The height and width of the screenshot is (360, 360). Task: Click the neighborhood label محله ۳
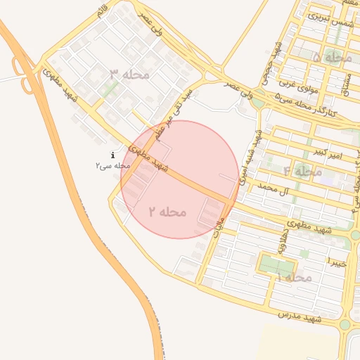tap(129, 75)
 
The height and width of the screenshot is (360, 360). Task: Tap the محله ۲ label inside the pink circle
tap(167, 211)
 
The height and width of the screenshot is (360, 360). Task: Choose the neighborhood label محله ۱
tap(295, 278)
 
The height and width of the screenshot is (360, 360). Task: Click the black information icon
tap(112, 155)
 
